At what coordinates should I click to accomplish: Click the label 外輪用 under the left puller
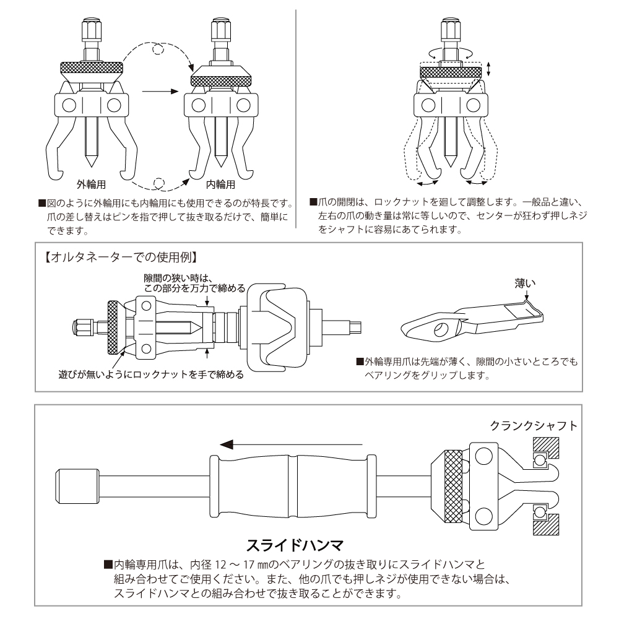pos(91,184)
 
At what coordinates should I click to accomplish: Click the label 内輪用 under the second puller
pos(221,184)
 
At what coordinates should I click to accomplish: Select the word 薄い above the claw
pos(525,284)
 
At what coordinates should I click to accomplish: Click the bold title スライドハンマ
pos(295,545)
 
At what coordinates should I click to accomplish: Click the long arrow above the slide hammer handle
pos(291,444)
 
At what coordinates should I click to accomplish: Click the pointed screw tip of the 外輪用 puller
pos(91,160)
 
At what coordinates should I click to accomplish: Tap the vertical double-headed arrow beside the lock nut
pos(490,68)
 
